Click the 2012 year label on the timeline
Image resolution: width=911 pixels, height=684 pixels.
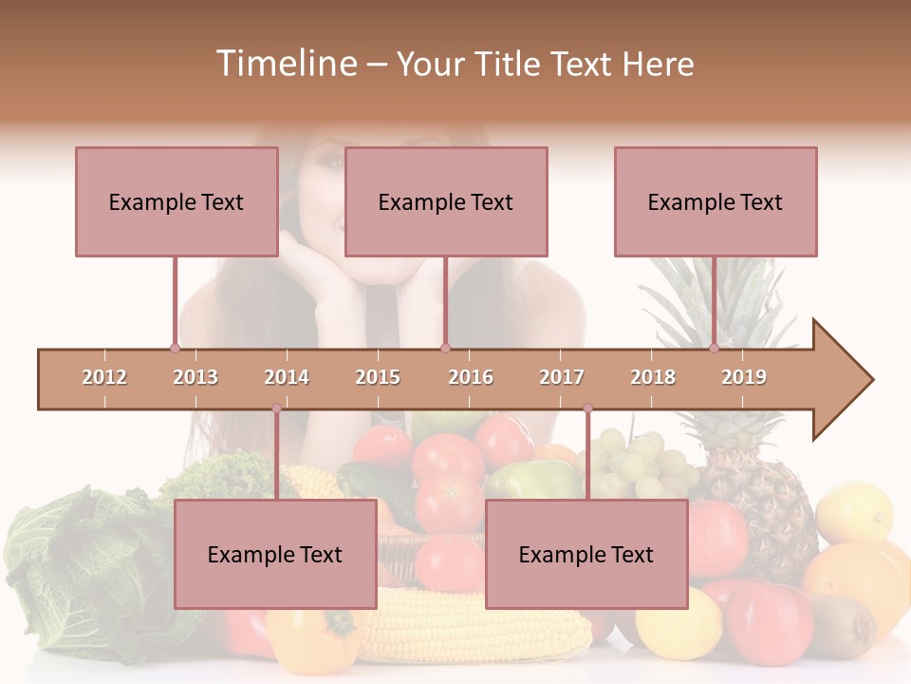click(x=104, y=377)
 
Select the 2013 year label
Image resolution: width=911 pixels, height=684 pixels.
click(x=195, y=377)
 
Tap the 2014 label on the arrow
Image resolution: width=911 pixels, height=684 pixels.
click(x=287, y=377)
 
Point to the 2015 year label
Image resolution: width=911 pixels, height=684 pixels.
click(x=378, y=377)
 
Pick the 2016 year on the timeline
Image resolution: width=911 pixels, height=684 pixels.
click(x=471, y=377)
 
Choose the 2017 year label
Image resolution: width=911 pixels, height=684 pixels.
click(x=562, y=377)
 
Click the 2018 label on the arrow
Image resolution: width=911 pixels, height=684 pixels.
click(x=653, y=377)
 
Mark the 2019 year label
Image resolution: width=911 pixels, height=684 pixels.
click(x=744, y=377)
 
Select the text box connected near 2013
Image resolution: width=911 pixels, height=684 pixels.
click(x=177, y=201)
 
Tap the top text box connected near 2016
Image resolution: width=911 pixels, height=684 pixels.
click(x=446, y=201)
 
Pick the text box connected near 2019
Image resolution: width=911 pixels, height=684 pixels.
click(x=716, y=201)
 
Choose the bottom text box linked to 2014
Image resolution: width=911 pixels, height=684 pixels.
click(x=275, y=554)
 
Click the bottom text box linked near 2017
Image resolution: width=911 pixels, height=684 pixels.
click(x=586, y=554)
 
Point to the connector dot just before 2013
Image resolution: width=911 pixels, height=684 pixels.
click(x=175, y=348)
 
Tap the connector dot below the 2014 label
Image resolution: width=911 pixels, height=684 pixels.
click(x=276, y=408)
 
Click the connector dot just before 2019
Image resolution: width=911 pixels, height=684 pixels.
click(x=714, y=348)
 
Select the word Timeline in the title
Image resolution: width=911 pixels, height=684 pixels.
click(x=285, y=64)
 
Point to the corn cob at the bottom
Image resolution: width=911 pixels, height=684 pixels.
click(x=474, y=627)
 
